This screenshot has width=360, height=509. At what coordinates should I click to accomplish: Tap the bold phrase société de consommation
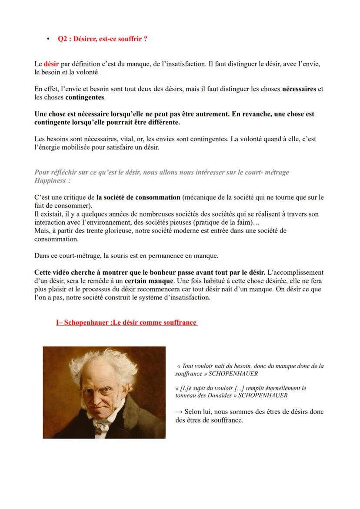pos(138,197)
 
